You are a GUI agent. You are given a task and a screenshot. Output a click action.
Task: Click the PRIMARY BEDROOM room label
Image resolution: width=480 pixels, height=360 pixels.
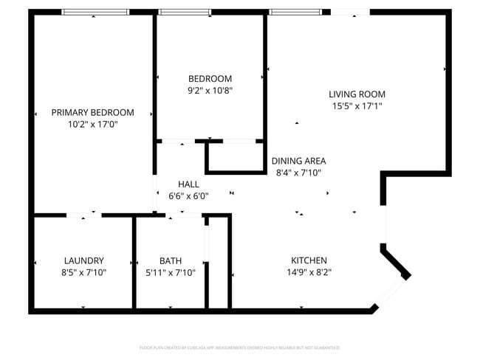point(92,112)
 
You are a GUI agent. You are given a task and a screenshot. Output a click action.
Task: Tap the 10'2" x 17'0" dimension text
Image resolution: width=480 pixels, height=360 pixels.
point(92,124)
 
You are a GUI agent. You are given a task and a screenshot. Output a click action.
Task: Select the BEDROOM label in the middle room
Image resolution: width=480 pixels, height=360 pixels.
point(210,79)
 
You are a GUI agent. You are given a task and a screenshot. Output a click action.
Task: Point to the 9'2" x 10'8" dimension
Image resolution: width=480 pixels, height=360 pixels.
point(210,91)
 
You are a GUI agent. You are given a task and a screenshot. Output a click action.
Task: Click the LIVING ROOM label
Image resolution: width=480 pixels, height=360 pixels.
point(357,94)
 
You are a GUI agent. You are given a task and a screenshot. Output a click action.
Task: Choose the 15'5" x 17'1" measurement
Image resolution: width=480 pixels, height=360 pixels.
point(357,105)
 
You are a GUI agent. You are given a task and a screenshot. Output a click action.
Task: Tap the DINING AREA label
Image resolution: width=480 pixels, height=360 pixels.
point(298,161)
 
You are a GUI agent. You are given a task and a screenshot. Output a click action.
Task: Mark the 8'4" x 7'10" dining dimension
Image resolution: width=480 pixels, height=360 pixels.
point(298,173)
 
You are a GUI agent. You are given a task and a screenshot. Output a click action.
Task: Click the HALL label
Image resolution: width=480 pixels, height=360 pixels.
point(188,184)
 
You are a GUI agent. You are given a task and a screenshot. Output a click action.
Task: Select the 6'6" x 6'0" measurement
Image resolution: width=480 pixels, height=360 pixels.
point(188,196)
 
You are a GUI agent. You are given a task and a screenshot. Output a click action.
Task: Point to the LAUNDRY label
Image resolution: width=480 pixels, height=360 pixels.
point(83,260)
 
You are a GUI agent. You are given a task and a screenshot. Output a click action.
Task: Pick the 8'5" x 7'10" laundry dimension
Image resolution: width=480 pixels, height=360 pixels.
point(83,272)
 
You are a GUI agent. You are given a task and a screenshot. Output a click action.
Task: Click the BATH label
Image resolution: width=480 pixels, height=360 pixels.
point(171,260)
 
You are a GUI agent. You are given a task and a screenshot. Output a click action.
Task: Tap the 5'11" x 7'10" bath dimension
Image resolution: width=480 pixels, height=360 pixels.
point(171,272)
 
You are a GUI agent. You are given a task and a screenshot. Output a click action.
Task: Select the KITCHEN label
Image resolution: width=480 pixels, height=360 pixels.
point(309,260)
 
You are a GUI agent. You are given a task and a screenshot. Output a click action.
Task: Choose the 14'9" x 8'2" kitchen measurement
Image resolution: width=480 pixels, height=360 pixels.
point(309,272)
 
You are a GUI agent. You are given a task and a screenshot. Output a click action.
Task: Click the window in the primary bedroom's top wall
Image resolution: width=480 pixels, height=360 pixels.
point(95,12)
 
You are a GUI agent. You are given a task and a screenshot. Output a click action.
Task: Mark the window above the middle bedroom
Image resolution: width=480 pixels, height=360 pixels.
point(185,12)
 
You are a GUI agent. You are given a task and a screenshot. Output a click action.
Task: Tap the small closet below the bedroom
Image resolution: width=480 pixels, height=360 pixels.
point(235,156)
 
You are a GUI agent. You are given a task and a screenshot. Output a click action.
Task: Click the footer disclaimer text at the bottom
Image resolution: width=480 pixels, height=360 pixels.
point(239,347)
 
